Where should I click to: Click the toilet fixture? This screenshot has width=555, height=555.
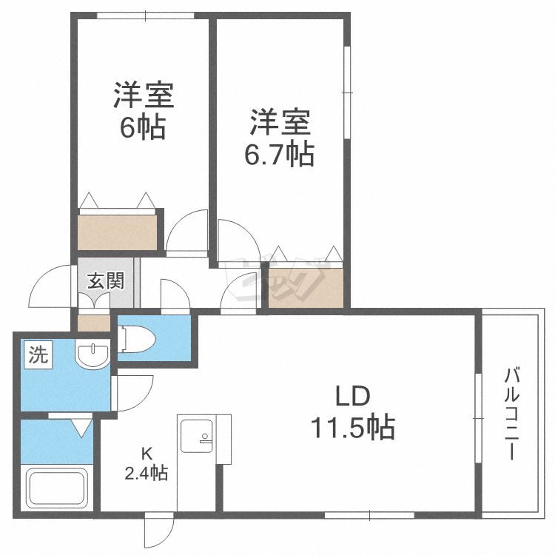(x=137, y=339)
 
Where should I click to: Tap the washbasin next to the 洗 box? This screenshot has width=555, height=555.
(x=92, y=354)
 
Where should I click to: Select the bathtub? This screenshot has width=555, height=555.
(x=58, y=488)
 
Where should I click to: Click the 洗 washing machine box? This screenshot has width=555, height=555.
(x=38, y=354)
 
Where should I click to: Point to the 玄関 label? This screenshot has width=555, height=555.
(x=106, y=281)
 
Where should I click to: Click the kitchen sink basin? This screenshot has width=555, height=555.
(x=196, y=437)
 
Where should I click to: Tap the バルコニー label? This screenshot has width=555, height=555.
(x=511, y=414)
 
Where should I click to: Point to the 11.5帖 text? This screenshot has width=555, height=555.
(x=352, y=427)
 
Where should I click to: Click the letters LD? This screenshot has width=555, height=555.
(x=352, y=396)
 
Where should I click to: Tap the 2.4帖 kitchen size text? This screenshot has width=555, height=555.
(x=147, y=473)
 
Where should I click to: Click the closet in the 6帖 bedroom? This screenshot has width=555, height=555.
(x=117, y=232)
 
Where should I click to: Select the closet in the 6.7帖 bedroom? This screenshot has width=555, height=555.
(x=306, y=288)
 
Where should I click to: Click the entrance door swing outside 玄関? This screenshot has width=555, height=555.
(x=51, y=286)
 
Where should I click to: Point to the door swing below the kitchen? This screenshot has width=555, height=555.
(x=159, y=529)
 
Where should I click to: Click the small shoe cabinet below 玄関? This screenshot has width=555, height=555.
(x=94, y=323)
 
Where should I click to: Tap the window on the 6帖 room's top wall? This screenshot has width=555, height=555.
(x=146, y=16)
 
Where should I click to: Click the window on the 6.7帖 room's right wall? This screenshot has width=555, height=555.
(x=347, y=92)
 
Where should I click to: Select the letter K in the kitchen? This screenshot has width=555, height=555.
(x=147, y=453)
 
